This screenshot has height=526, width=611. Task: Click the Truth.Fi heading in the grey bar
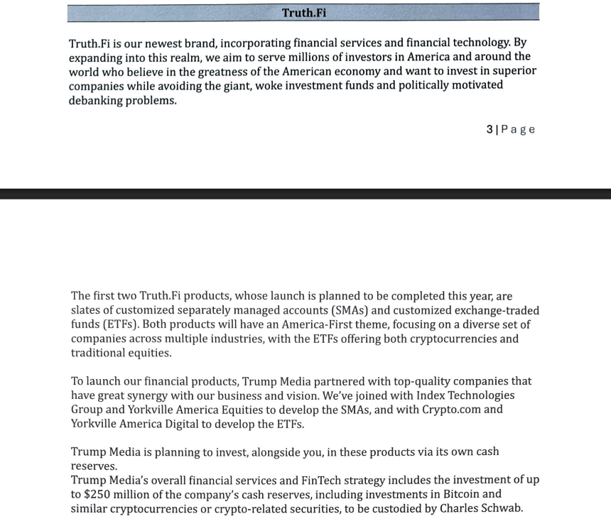click(303, 13)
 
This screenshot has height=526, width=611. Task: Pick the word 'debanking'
click(96, 100)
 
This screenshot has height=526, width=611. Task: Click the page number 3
click(490, 129)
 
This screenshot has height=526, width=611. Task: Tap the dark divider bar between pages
click(305, 194)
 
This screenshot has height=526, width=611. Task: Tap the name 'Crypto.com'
click(452, 410)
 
